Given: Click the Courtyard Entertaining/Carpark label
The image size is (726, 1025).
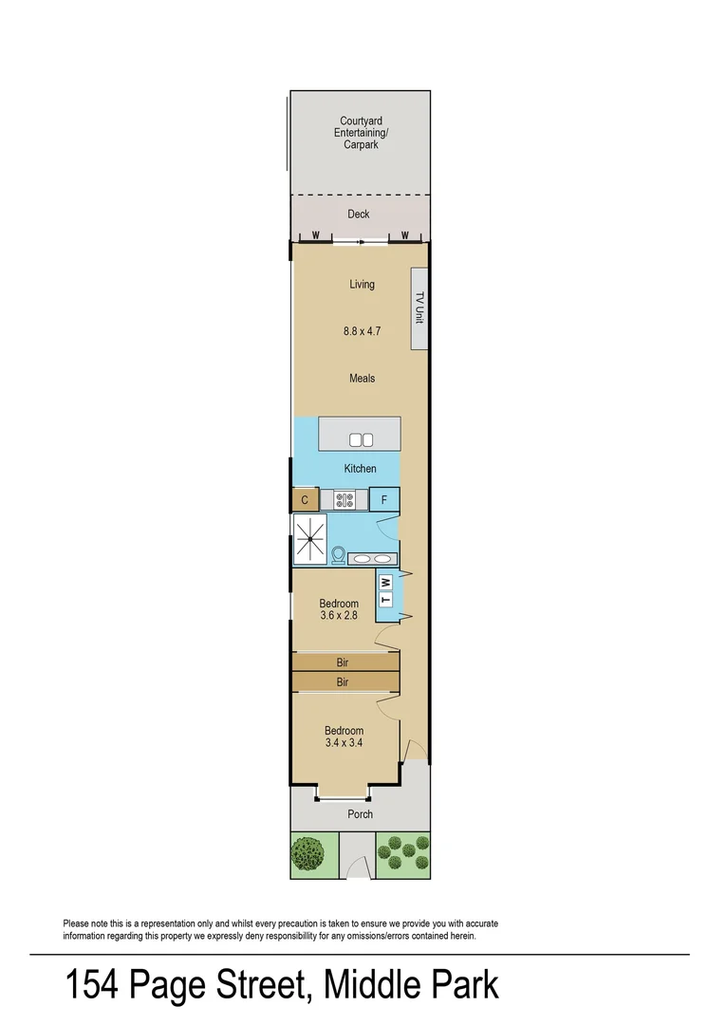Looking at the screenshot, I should [361, 133].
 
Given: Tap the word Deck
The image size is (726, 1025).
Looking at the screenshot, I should [359, 214].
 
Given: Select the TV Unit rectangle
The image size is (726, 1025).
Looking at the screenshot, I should [418, 308].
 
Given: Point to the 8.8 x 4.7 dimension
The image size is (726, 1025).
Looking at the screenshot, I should [362, 332].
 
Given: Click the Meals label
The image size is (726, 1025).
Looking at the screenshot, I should [362, 379].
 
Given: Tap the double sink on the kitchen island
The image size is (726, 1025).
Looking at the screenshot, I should [362, 439].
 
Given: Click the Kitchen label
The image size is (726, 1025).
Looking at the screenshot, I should [360, 469].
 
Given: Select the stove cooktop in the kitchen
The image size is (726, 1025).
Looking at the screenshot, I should [344, 499].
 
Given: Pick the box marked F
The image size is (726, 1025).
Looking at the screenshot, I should [384, 499].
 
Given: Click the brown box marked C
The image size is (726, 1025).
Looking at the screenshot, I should [305, 500].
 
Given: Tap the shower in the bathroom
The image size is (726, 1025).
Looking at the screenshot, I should [309, 541].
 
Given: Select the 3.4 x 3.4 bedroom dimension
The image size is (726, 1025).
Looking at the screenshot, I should [344, 743].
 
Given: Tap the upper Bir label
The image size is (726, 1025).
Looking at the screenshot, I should [343, 663].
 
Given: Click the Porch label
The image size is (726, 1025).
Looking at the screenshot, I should [361, 814].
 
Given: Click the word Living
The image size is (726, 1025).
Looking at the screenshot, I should [362, 285].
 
